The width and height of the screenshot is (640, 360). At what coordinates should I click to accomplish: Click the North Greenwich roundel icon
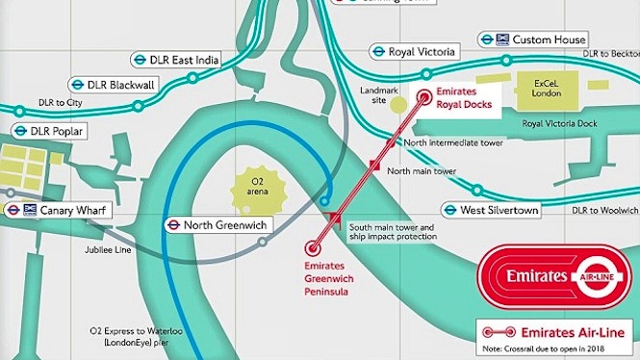coord(170,225)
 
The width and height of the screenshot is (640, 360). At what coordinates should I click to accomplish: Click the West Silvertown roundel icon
coord(448,210)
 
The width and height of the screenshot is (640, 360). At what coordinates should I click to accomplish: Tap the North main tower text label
coord(421,170)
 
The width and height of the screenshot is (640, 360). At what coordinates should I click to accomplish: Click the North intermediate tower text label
coord(453,142)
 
